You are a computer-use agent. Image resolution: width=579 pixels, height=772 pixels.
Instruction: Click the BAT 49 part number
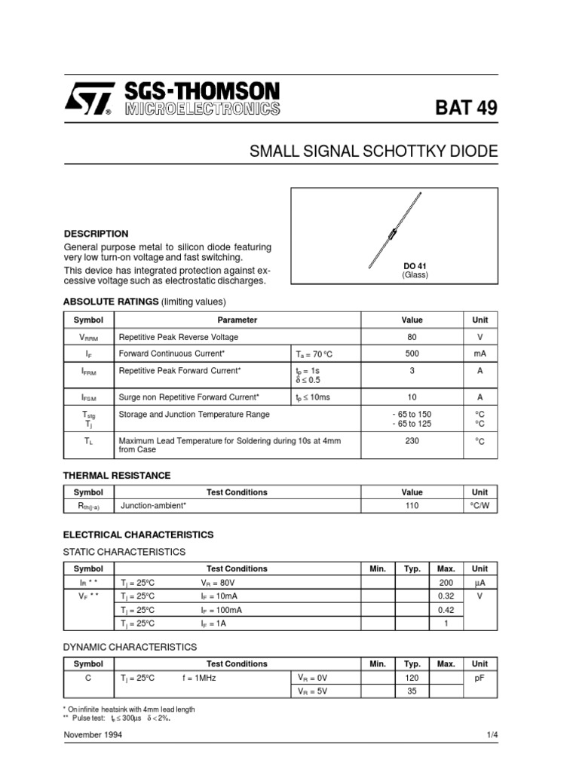click(466, 108)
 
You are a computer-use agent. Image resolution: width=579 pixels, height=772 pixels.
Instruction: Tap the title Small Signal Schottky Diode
click(373, 152)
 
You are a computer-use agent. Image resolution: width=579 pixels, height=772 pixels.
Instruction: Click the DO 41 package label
click(415, 266)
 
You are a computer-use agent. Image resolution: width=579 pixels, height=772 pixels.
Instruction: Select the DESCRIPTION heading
click(96, 234)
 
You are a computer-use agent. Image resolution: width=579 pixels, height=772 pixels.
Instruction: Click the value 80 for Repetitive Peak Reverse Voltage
click(412, 338)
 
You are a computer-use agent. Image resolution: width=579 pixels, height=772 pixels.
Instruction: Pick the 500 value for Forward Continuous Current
click(412, 354)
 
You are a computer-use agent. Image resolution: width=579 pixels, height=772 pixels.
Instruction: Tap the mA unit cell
click(479, 354)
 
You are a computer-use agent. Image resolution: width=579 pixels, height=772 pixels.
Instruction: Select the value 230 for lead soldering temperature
click(412, 441)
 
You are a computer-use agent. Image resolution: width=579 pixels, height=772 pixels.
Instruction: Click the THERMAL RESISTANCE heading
click(116, 476)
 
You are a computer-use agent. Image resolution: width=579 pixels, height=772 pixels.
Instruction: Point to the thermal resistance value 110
click(412, 506)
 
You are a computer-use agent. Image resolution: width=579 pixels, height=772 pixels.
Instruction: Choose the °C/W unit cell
click(479, 506)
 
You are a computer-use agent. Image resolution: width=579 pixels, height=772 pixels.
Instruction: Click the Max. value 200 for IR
click(446, 583)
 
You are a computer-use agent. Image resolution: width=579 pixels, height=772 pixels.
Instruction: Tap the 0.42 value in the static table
click(446, 610)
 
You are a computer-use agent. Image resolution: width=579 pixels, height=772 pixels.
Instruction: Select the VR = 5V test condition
click(313, 691)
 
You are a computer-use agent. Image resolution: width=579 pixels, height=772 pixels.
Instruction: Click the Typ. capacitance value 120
click(412, 678)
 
